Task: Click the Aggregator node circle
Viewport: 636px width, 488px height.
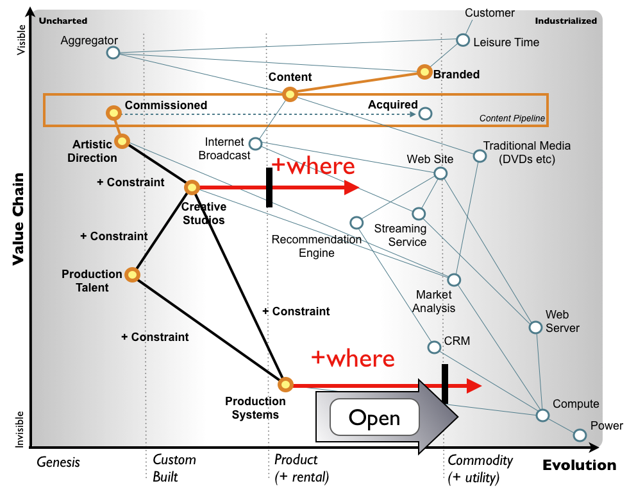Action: click(113, 53)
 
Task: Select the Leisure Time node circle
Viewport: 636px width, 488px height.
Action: click(463, 40)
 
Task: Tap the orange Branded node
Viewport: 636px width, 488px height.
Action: click(424, 72)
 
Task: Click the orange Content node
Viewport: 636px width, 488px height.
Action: click(290, 94)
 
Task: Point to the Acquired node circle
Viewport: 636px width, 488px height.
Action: click(425, 114)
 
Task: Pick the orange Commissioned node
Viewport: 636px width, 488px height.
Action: click(113, 112)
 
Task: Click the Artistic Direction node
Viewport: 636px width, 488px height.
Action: click(122, 141)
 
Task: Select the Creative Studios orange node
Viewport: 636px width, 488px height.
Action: click(192, 187)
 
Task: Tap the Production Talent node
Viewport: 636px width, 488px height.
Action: click(132, 275)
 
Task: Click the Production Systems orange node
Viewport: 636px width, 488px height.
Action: click(285, 384)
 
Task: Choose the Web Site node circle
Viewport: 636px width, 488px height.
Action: click(440, 173)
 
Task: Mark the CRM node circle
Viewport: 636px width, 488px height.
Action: click(434, 347)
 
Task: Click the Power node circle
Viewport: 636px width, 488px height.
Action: click(580, 435)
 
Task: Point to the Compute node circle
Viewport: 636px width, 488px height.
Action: click(542, 415)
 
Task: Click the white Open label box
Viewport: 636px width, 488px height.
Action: click(374, 417)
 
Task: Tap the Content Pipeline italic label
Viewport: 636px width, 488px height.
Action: click(512, 118)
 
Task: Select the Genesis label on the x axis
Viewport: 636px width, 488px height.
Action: click(58, 462)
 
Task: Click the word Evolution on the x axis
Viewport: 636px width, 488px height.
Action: click(579, 466)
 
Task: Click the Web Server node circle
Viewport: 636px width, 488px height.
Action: click(535, 327)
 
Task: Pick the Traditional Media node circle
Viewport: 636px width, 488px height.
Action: click(480, 155)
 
